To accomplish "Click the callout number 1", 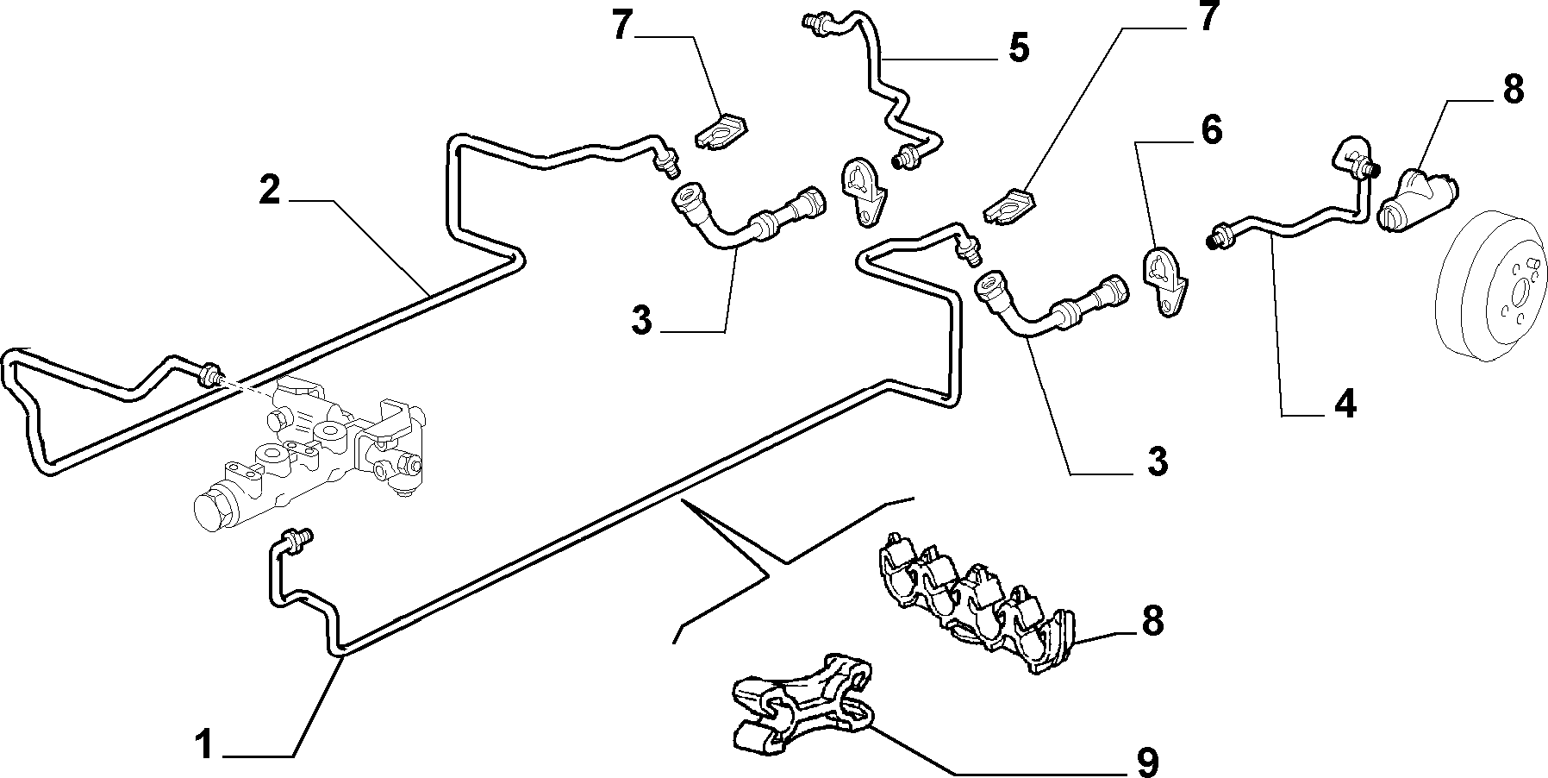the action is [x=203, y=744].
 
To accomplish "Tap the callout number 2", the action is [x=271, y=190].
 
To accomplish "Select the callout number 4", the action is [x=1345, y=403].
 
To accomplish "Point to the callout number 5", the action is [x=1019, y=47].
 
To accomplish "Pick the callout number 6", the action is [x=1211, y=130].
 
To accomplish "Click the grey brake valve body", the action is [x=310, y=455].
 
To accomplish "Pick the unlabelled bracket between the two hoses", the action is [x=863, y=191].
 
